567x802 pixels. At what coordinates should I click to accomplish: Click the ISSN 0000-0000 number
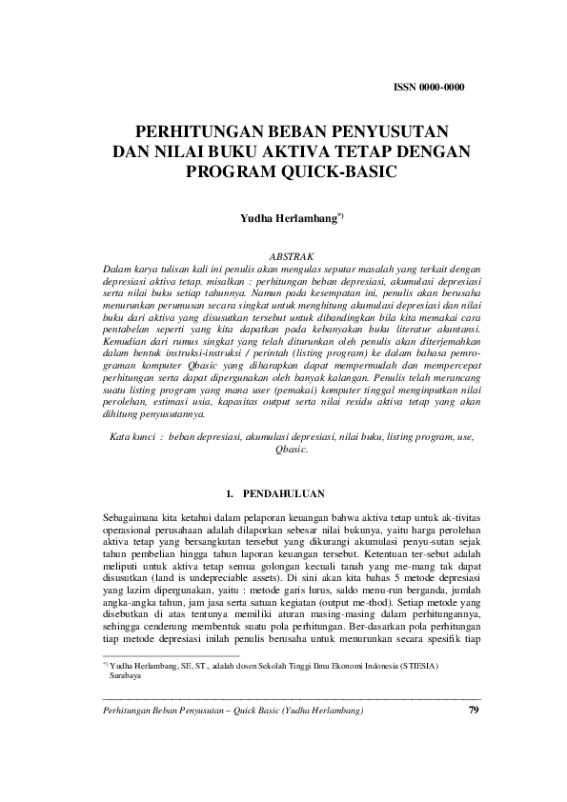point(429,88)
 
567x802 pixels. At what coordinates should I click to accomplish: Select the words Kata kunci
point(132,434)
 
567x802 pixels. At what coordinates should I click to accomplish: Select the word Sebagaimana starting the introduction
point(132,516)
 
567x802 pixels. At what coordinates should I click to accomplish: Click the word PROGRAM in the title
point(233,171)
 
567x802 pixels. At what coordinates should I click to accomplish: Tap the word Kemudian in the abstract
point(125,340)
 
